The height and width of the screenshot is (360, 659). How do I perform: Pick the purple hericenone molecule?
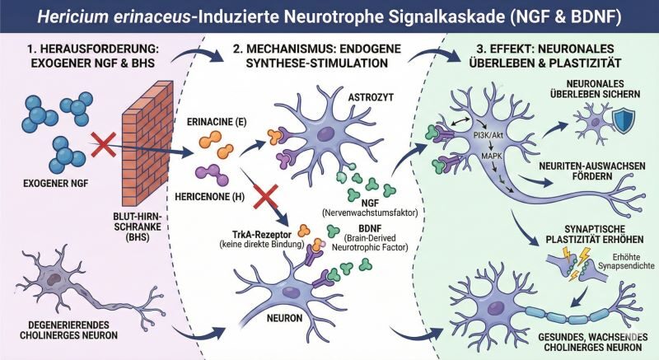pyautogui.click(x=212, y=177)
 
